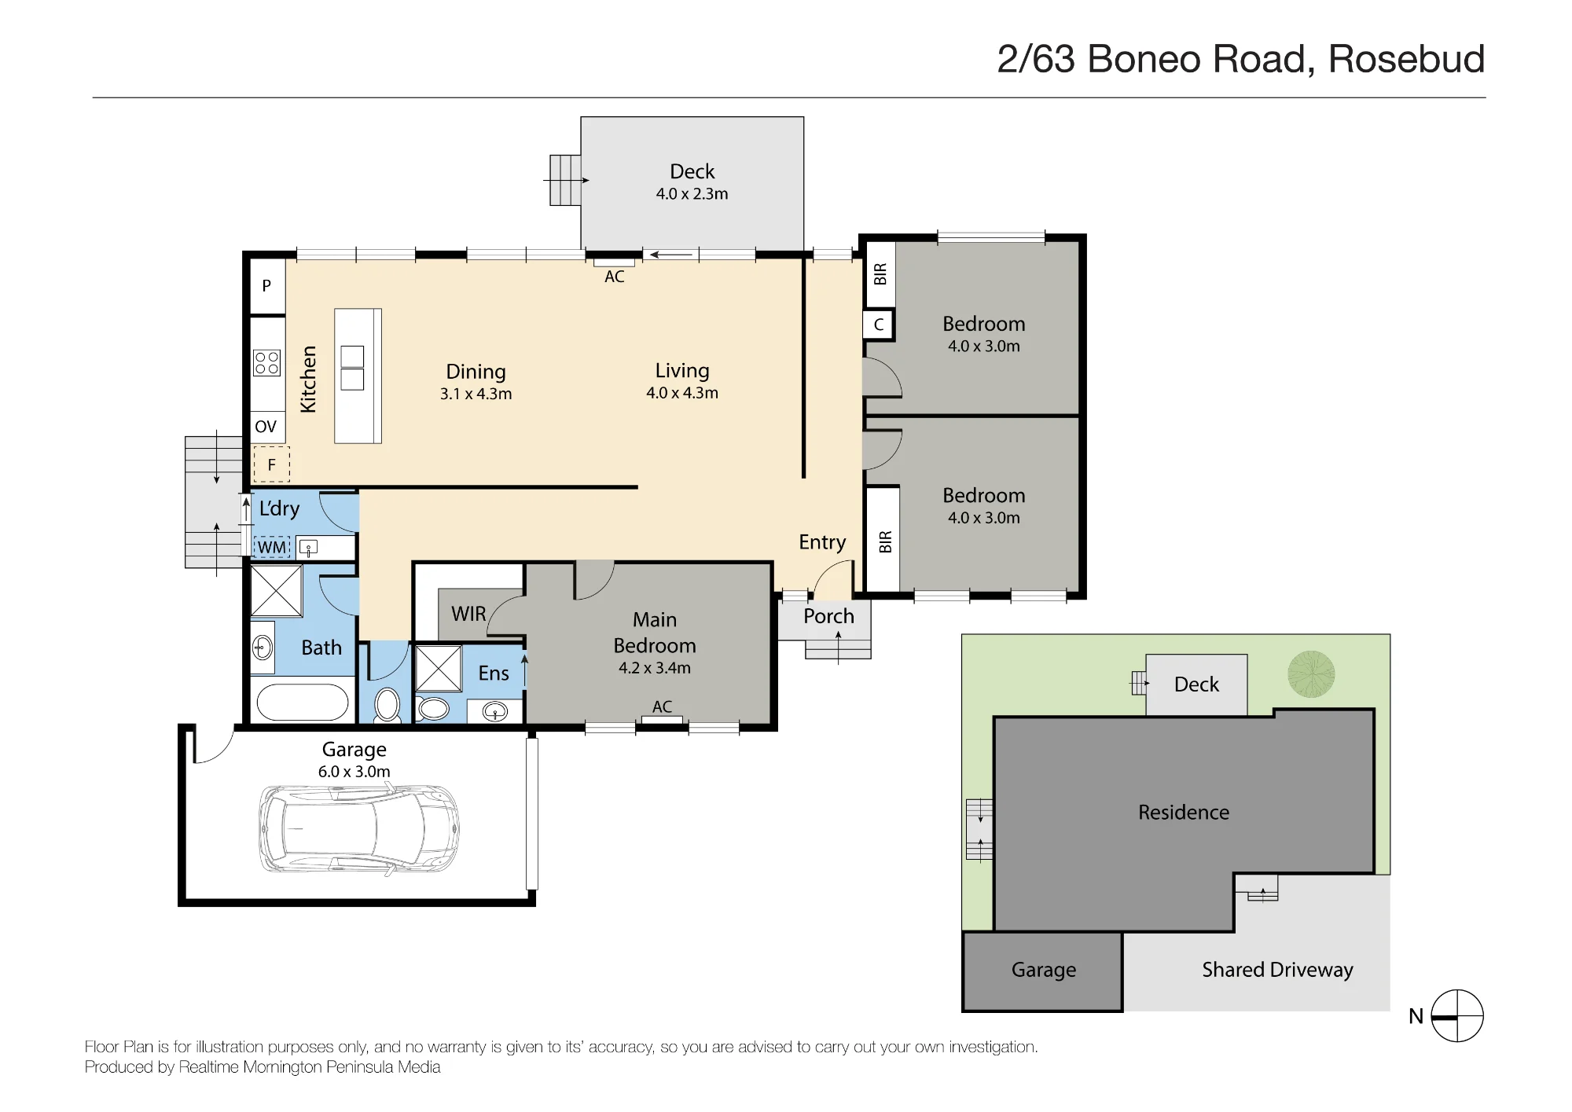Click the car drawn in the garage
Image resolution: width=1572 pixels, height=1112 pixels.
pyautogui.click(x=359, y=829)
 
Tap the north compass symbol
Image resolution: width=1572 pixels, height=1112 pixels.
pyautogui.click(x=1456, y=1016)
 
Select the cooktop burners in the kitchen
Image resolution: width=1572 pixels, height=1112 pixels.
pyautogui.click(x=267, y=363)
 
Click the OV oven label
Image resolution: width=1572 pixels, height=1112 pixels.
pyautogui.click(x=266, y=427)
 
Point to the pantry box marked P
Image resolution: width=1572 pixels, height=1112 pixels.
pyautogui.click(x=267, y=286)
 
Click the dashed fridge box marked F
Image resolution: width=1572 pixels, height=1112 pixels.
pyautogui.click(x=272, y=464)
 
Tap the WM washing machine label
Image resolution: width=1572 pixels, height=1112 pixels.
pyautogui.click(x=272, y=547)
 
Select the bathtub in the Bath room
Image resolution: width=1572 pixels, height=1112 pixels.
pyautogui.click(x=303, y=703)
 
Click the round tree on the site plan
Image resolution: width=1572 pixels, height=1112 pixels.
pyautogui.click(x=1311, y=674)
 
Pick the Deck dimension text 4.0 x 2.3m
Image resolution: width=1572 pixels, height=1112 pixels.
pyautogui.click(x=692, y=194)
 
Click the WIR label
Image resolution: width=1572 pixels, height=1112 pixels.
pyautogui.click(x=468, y=614)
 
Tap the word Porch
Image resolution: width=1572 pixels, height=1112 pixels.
pyautogui.click(x=828, y=616)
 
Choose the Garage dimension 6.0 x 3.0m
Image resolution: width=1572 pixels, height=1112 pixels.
pyautogui.click(x=354, y=772)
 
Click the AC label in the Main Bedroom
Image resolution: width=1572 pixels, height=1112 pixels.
pyautogui.click(x=663, y=706)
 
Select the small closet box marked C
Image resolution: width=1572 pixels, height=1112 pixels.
pyautogui.click(x=879, y=325)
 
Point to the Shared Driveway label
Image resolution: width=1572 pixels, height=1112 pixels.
pyautogui.click(x=1277, y=970)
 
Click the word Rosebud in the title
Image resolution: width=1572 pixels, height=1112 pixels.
pyautogui.click(x=1407, y=60)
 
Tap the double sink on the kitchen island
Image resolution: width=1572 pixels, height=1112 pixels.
pyautogui.click(x=352, y=368)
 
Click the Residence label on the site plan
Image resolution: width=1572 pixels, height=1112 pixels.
pyautogui.click(x=1184, y=813)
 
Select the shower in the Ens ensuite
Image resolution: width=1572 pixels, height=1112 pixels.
pyautogui.click(x=438, y=669)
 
